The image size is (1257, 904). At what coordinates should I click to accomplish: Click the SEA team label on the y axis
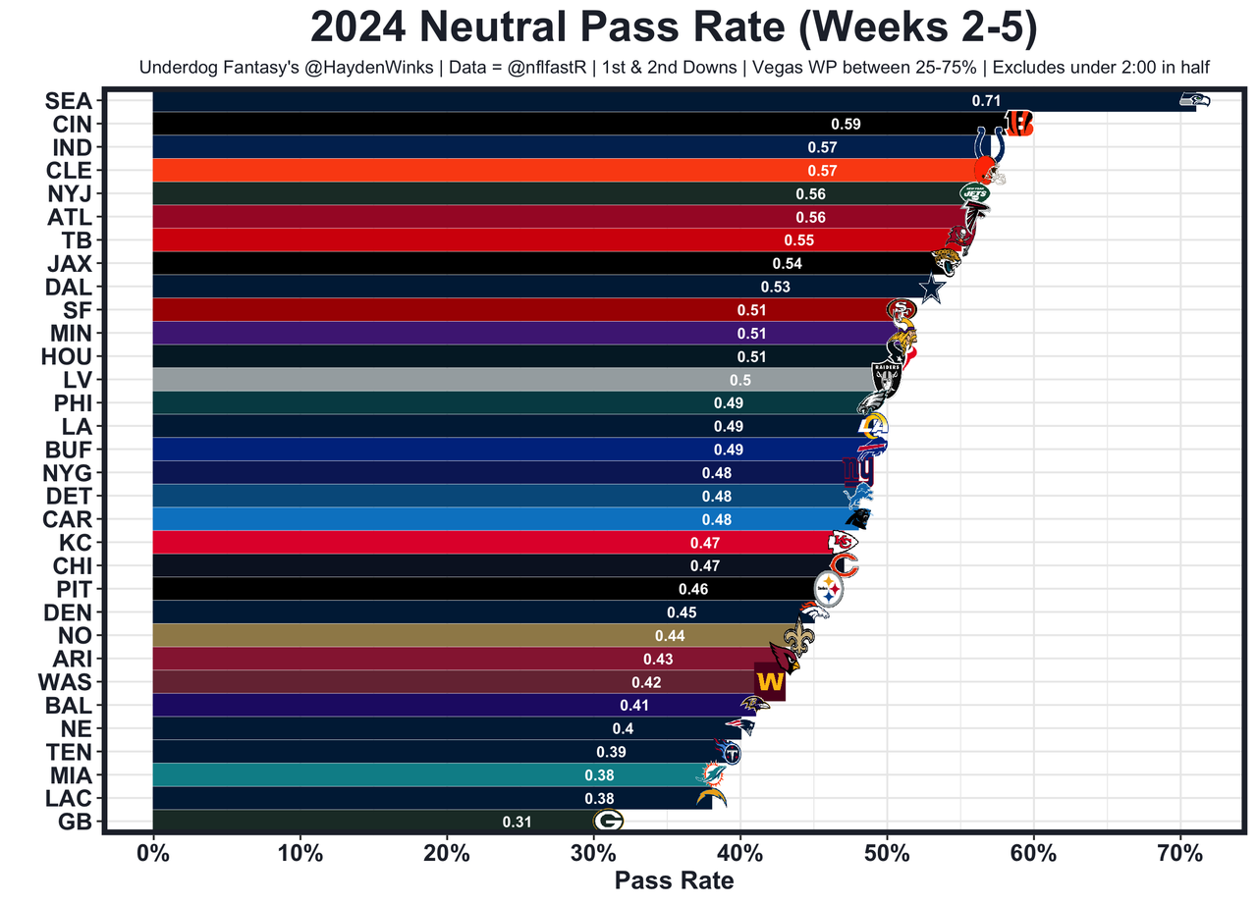click(x=69, y=101)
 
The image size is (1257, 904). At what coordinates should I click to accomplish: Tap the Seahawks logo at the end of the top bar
click(x=1194, y=100)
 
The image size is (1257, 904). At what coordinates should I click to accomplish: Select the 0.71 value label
click(x=986, y=100)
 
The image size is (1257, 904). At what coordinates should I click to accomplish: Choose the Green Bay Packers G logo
click(x=608, y=822)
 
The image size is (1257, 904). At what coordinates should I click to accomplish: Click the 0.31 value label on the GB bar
click(x=517, y=823)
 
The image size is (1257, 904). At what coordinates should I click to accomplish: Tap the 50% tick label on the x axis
click(x=887, y=854)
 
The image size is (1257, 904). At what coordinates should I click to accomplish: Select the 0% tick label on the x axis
click(x=153, y=854)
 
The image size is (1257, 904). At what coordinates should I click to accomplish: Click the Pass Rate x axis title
click(x=674, y=880)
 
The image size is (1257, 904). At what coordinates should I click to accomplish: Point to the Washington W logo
click(x=770, y=681)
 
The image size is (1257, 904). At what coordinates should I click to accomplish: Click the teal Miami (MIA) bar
click(x=422, y=775)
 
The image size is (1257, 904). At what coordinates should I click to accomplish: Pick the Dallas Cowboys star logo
click(x=931, y=289)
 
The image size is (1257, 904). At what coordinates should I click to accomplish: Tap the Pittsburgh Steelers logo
click(x=830, y=590)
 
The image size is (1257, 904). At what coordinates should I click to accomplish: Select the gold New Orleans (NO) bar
click(x=471, y=636)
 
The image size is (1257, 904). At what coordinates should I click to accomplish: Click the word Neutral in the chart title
click(x=507, y=27)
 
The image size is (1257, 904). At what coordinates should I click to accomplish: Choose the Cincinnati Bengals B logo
click(x=1018, y=124)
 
